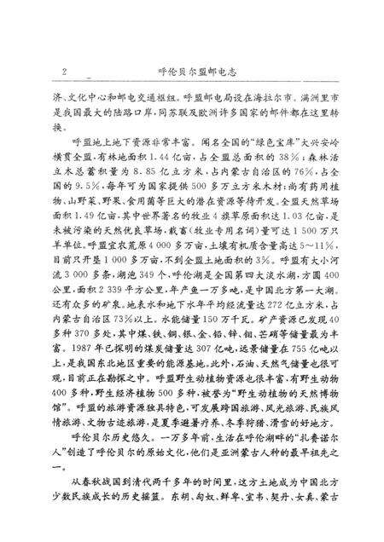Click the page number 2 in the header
point(64,72)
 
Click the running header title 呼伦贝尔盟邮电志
point(193,72)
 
